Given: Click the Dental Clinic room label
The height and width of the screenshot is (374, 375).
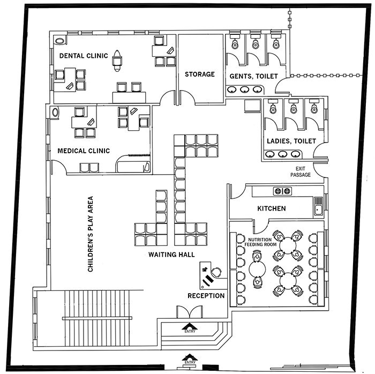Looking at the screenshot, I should [x=84, y=55].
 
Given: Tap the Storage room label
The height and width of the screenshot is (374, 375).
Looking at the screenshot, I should [x=200, y=74].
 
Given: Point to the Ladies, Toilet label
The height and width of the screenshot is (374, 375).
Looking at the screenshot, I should [x=291, y=141].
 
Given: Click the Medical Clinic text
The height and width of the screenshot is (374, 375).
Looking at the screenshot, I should [x=84, y=151].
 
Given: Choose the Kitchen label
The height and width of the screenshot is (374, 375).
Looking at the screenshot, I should [x=272, y=208].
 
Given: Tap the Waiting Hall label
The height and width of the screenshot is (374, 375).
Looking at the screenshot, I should [x=171, y=255].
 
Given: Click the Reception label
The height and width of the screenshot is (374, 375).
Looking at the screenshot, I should [x=206, y=295].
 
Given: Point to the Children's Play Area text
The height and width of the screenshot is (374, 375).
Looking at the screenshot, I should [x=91, y=233].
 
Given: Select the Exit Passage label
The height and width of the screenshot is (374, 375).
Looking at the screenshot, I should [x=301, y=171].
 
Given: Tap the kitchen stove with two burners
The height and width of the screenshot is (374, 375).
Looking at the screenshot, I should [x=282, y=191].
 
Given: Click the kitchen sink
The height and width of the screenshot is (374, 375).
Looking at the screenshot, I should [x=319, y=205].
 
